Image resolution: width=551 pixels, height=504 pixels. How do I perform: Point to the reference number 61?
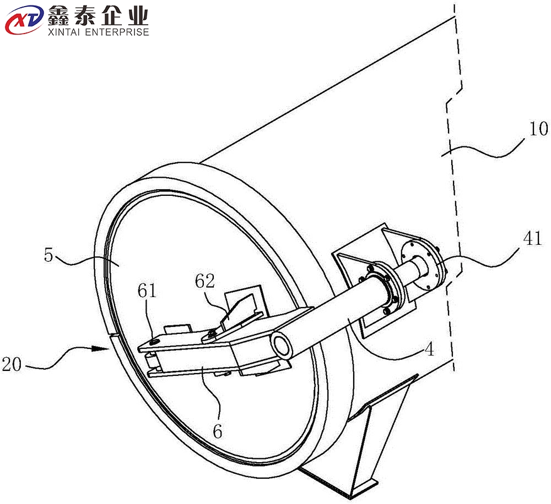tap(146, 291)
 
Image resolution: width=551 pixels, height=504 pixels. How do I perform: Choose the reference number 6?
tap(218, 431)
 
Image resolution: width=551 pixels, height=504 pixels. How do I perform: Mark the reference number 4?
tap(428, 350)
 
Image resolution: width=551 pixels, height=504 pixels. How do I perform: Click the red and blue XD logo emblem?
tap(22, 21)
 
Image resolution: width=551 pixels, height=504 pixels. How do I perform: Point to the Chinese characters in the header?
tap(99, 14)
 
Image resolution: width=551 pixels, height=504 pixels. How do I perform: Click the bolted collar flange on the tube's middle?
tap(385, 286)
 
